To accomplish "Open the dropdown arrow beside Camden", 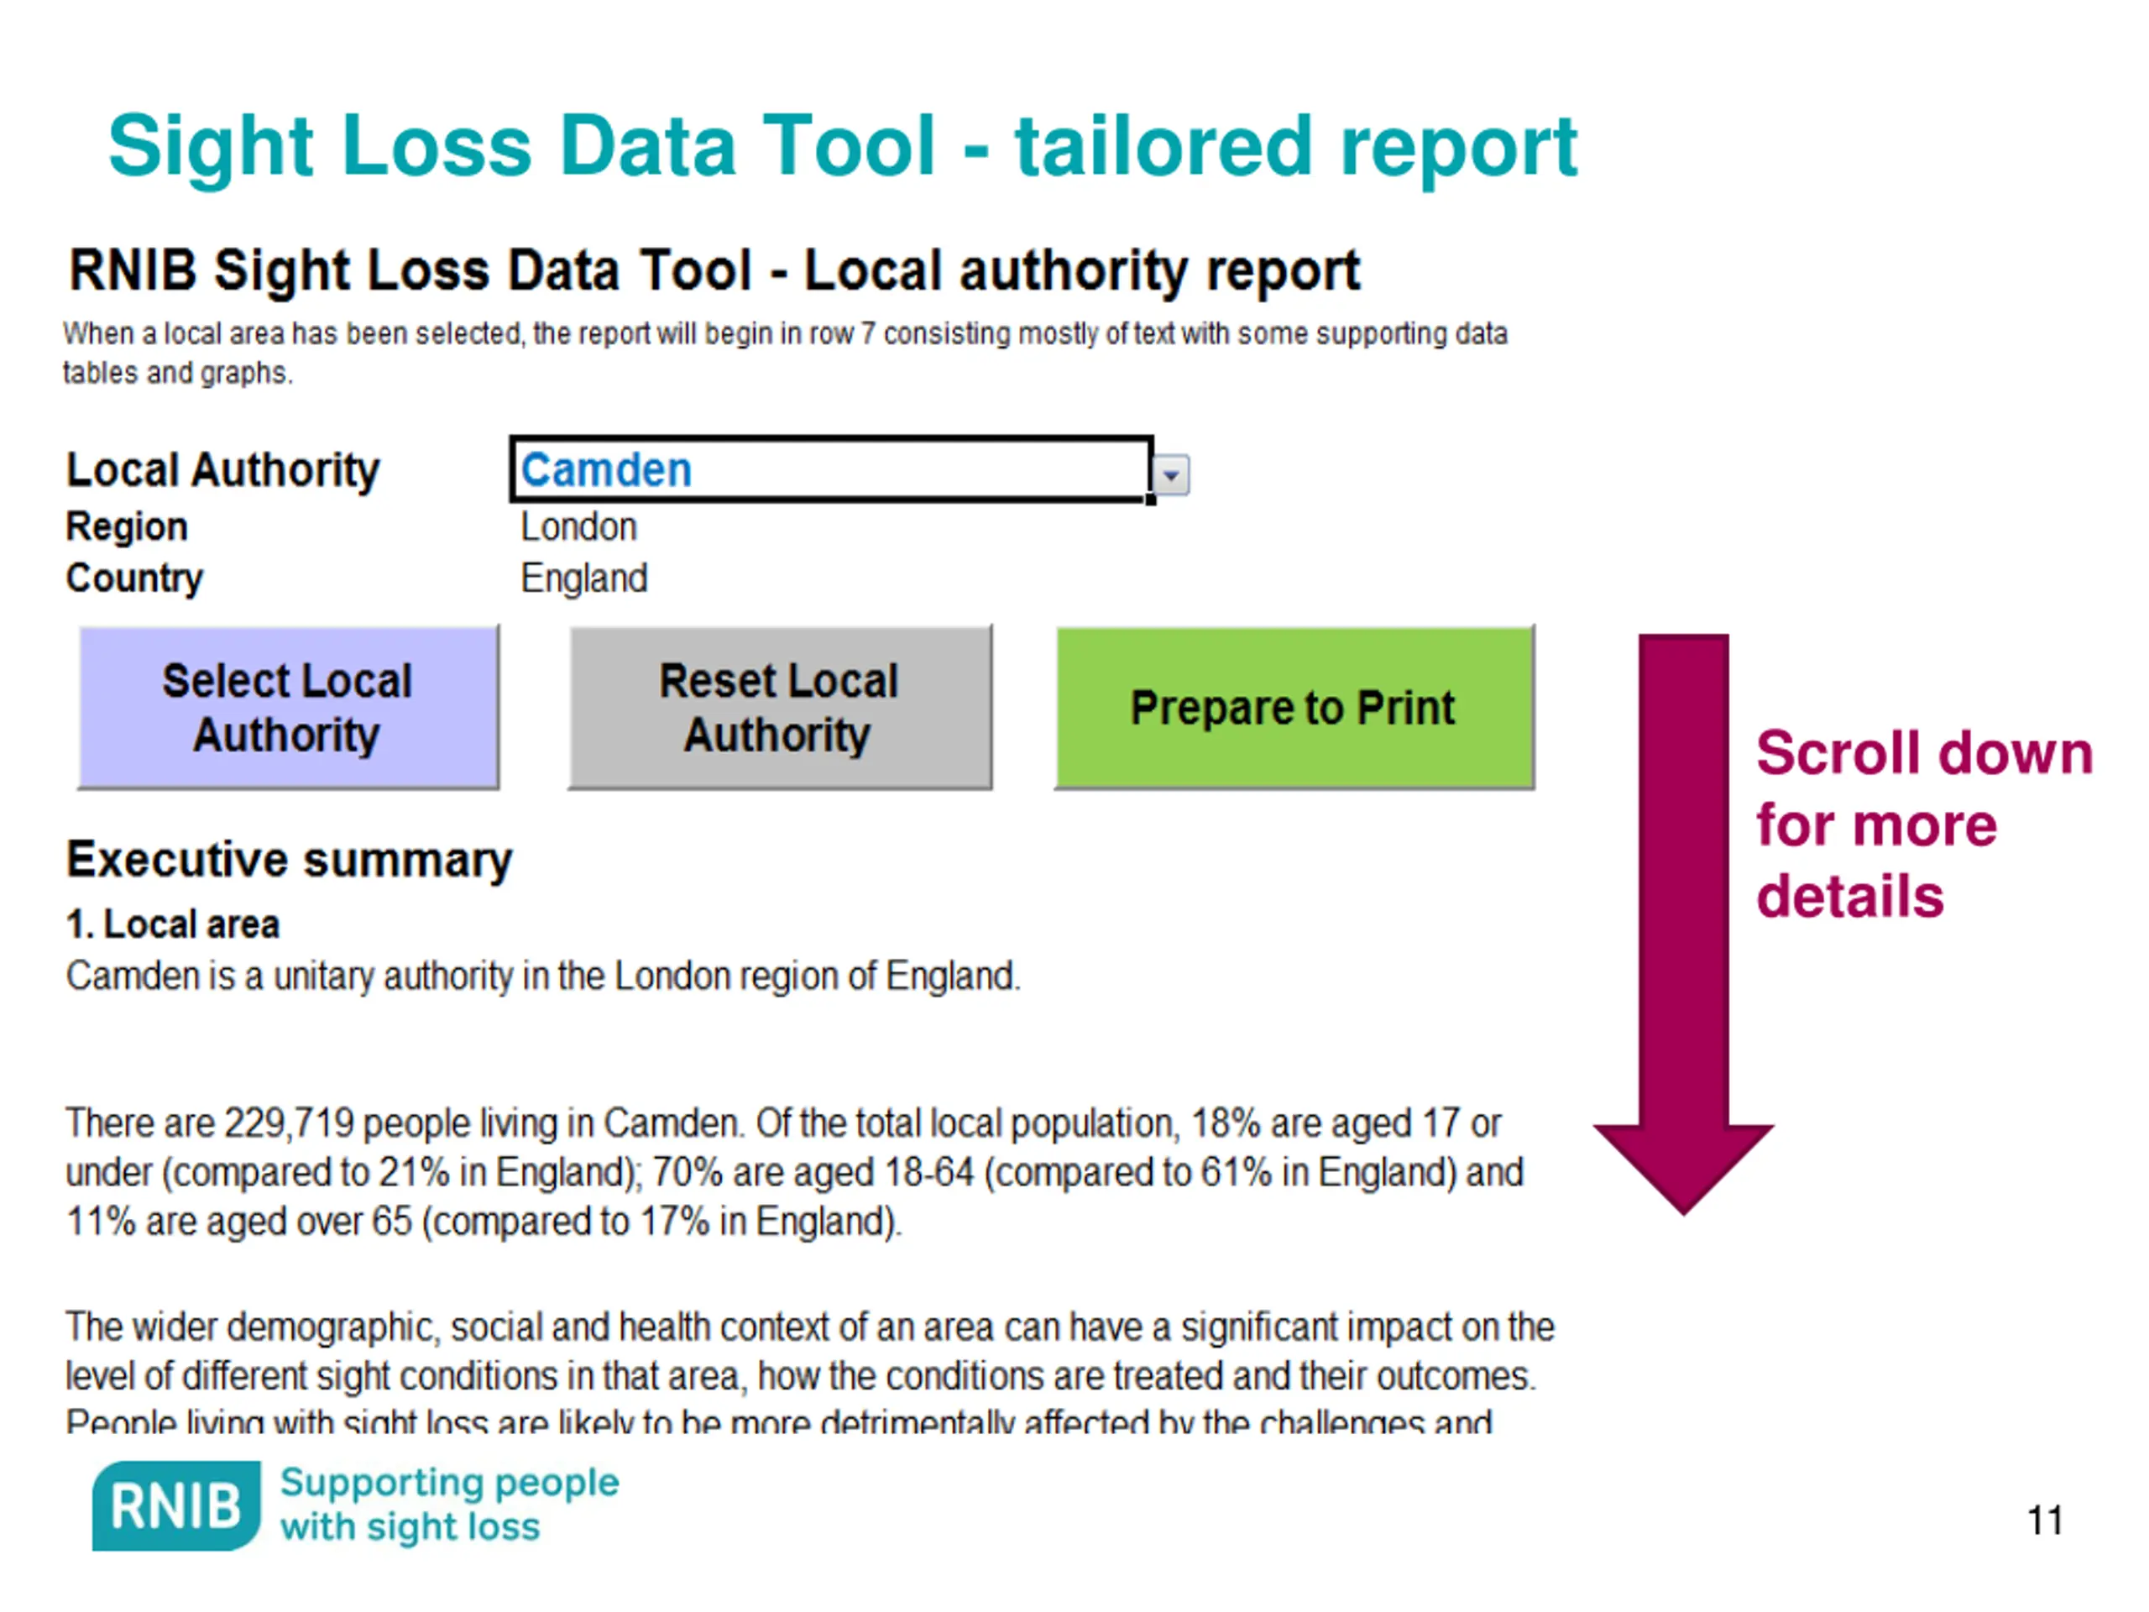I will (1171, 475).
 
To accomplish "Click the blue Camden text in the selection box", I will (606, 470).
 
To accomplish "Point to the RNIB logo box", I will (175, 1505).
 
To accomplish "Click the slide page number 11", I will (2044, 1520).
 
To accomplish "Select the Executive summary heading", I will (289, 860).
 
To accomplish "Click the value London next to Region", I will (578, 526).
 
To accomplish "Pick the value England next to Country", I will (583, 578).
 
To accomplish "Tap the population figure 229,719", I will (289, 1123).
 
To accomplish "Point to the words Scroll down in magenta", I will (1924, 753).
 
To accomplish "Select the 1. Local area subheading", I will (172, 924).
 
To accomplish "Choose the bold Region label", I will (126, 526).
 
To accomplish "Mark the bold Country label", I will (134, 578).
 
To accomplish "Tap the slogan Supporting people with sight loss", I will (449, 1505).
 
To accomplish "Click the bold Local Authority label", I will (222, 470).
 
